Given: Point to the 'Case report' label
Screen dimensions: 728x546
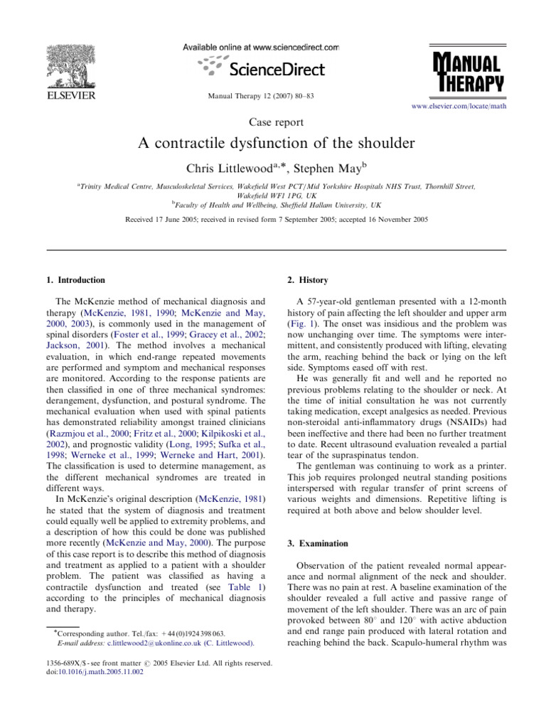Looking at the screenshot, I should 273,122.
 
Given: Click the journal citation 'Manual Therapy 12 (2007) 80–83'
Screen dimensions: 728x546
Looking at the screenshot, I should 273,95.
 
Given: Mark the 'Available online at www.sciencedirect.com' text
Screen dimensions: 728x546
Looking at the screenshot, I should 261,47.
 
